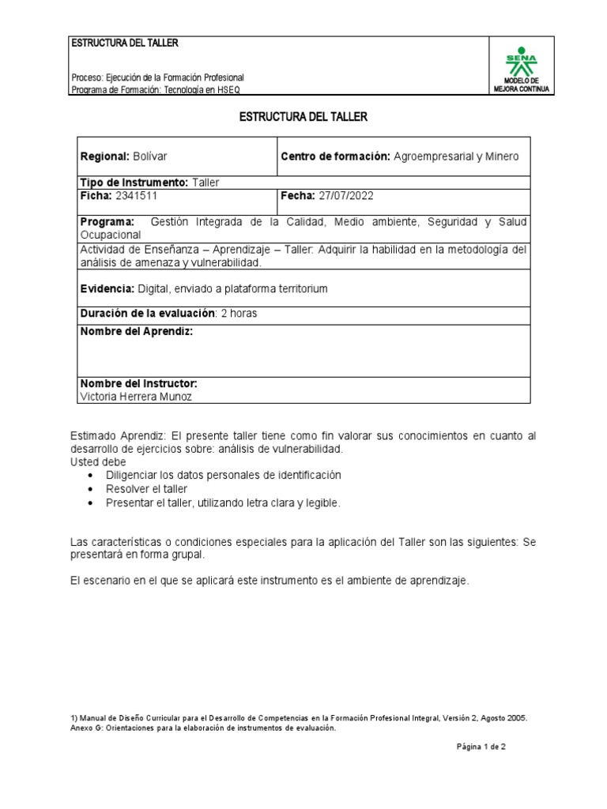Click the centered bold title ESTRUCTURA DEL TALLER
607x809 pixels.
(x=303, y=117)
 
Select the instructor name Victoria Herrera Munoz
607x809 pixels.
(x=136, y=397)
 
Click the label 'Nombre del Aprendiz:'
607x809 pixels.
(x=136, y=332)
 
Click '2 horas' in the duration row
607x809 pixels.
(x=239, y=314)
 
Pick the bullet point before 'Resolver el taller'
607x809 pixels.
(x=94, y=490)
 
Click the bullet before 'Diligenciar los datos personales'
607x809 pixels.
(x=94, y=476)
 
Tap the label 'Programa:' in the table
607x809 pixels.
(x=107, y=221)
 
